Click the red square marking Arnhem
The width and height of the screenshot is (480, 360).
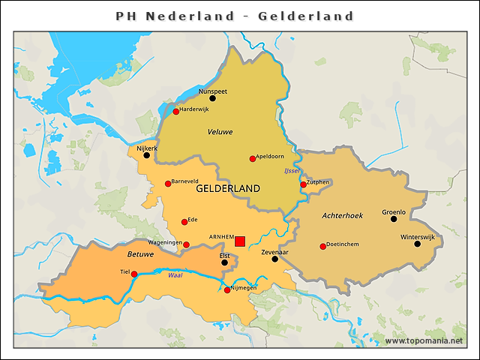coord(240,241)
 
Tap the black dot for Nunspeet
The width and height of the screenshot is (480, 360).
coord(212,98)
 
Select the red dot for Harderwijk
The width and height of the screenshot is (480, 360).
coord(176,112)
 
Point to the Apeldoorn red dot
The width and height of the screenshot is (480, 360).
coord(253,159)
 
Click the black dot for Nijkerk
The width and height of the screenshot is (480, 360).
coord(147,155)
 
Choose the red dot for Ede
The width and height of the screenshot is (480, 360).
coord(184,222)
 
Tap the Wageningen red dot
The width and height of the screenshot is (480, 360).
coord(187,244)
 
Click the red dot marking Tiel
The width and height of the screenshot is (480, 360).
coord(134,274)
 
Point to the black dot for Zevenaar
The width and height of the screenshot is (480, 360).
coord(274,259)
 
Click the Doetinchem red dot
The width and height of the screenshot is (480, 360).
coord(323,247)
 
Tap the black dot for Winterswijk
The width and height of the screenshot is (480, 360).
coord(418,244)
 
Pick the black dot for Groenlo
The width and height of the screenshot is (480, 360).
coord(394,219)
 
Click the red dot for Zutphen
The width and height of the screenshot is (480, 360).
coord(304,184)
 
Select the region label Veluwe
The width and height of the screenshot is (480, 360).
coord(220,132)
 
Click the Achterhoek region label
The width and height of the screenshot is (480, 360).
coord(342,215)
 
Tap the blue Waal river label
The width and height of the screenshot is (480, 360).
coord(175,276)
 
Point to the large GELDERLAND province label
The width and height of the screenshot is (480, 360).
coord(227,188)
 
